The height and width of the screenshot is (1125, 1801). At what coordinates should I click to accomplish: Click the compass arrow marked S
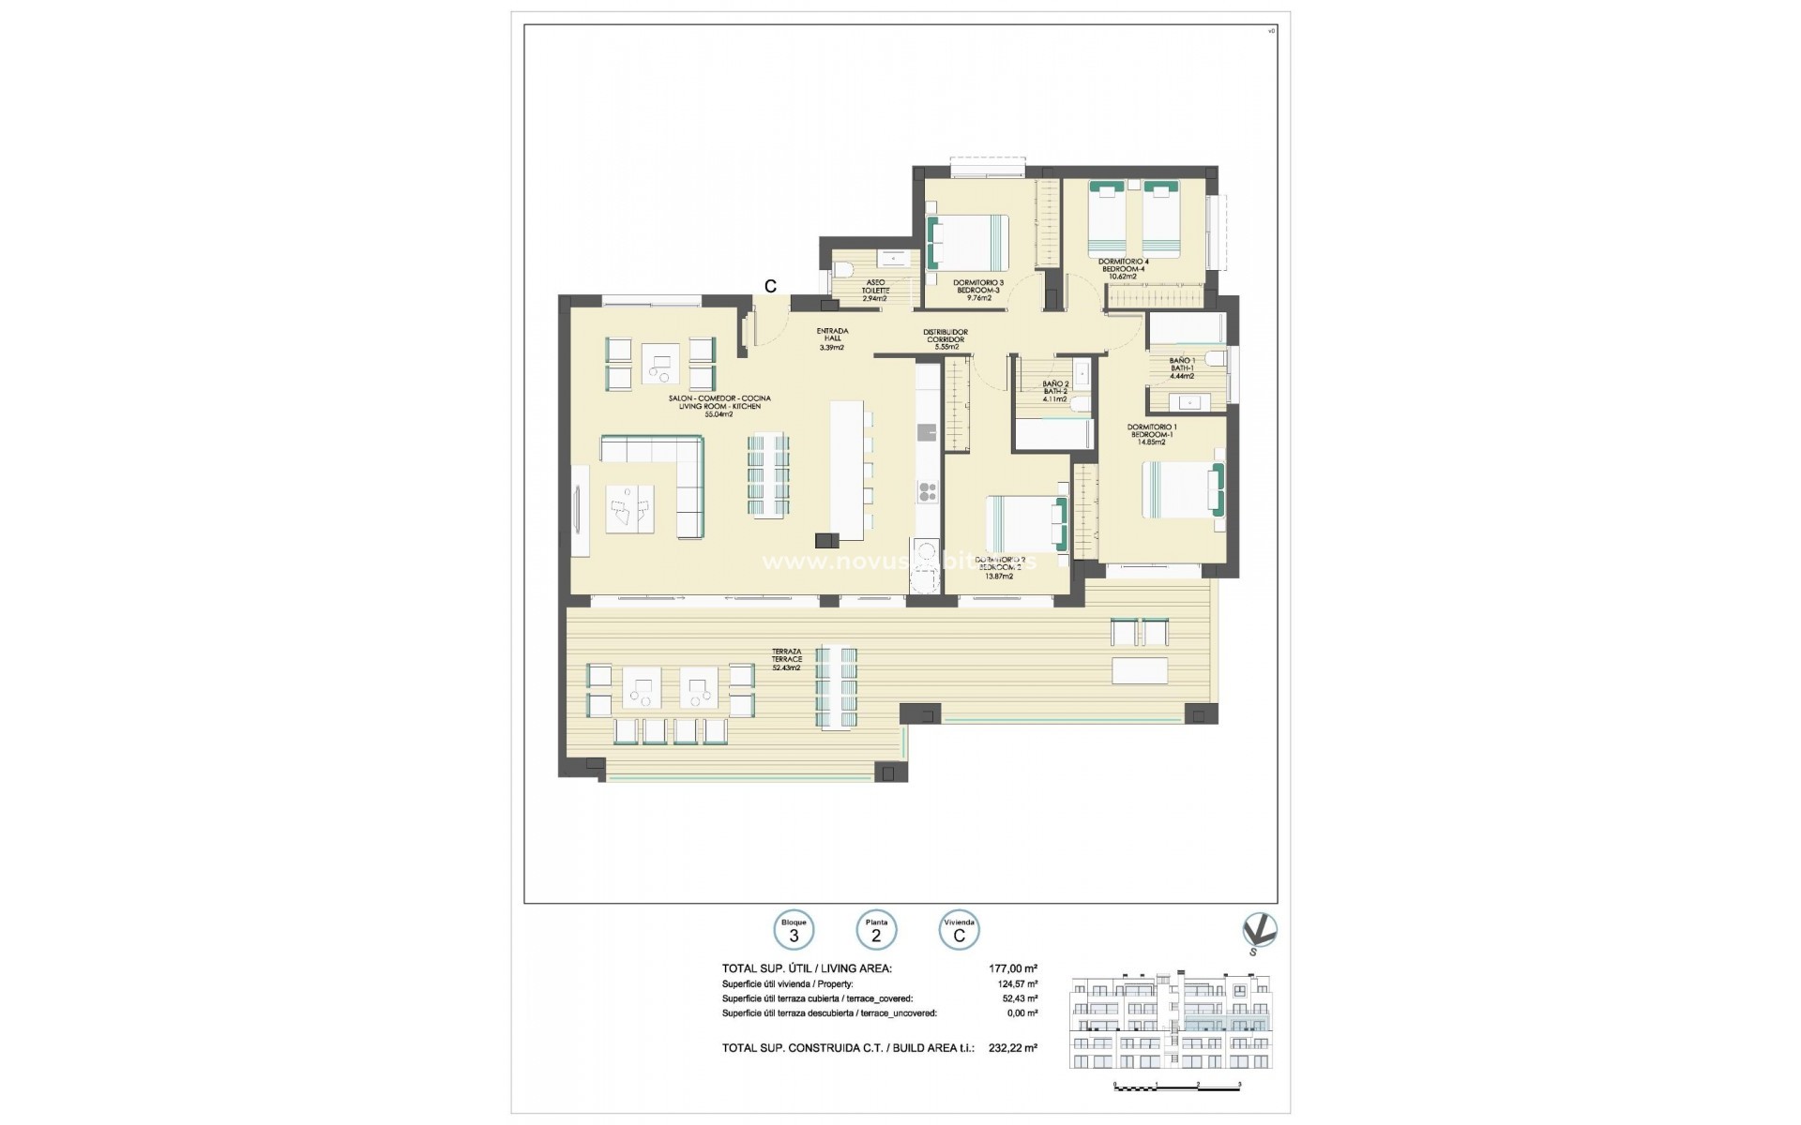tap(1259, 932)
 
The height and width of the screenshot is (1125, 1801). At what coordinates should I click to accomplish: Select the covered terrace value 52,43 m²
tap(1019, 998)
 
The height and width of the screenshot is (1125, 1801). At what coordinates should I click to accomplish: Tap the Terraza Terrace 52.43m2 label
tap(786, 659)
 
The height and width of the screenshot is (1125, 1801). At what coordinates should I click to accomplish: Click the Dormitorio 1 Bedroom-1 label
tap(1151, 434)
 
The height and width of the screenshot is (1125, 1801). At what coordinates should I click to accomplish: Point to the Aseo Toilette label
tap(874, 290)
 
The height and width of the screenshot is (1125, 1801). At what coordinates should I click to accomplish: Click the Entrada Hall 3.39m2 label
tap(833, 338)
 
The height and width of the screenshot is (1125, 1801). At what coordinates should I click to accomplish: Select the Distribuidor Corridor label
tap(945, 338)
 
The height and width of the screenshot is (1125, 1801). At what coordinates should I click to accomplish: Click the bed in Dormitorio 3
tap(968, 242)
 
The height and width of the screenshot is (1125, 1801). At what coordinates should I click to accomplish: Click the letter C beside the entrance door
tap(770, 287)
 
